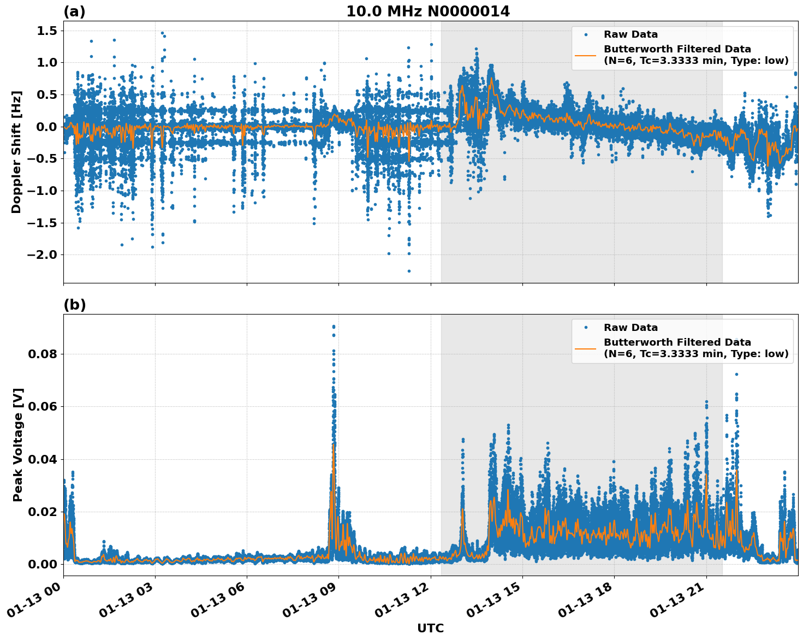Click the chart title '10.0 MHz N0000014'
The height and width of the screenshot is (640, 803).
428,11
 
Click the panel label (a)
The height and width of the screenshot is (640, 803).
74,11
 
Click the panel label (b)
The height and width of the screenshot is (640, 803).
74,305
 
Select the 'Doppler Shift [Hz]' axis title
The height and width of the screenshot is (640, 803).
16,152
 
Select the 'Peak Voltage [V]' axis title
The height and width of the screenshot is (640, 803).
18,445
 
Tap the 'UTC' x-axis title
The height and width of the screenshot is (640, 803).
430,628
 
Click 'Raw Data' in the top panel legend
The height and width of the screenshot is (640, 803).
630,34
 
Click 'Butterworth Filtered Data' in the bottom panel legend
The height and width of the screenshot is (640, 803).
677,342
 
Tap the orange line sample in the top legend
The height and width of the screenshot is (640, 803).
585,55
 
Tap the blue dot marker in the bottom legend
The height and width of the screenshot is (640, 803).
585,328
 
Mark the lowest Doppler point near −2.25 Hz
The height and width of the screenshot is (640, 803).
409,271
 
